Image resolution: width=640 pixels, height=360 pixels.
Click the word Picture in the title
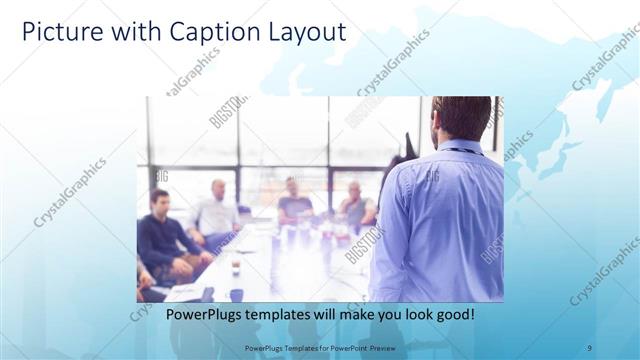coord(59,32)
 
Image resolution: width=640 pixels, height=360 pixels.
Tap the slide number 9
coord(589,347)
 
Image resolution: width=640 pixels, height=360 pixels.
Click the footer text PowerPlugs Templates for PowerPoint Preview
coord(319,347)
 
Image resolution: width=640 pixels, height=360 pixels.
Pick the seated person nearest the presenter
coord(355,205)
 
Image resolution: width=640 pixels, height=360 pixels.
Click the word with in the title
coord(124,32)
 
